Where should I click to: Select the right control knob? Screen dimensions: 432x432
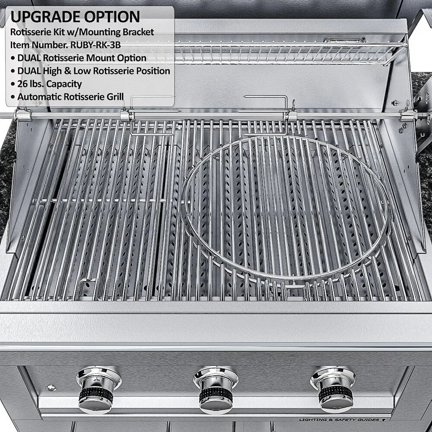[334, 389]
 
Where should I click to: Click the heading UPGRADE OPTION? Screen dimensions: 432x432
[75, 16]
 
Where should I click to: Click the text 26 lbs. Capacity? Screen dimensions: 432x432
[49, 83]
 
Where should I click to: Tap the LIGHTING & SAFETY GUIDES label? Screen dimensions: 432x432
[341, 419]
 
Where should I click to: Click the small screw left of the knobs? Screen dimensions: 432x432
[51, 388]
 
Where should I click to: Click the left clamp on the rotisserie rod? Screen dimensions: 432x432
[125, 115]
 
